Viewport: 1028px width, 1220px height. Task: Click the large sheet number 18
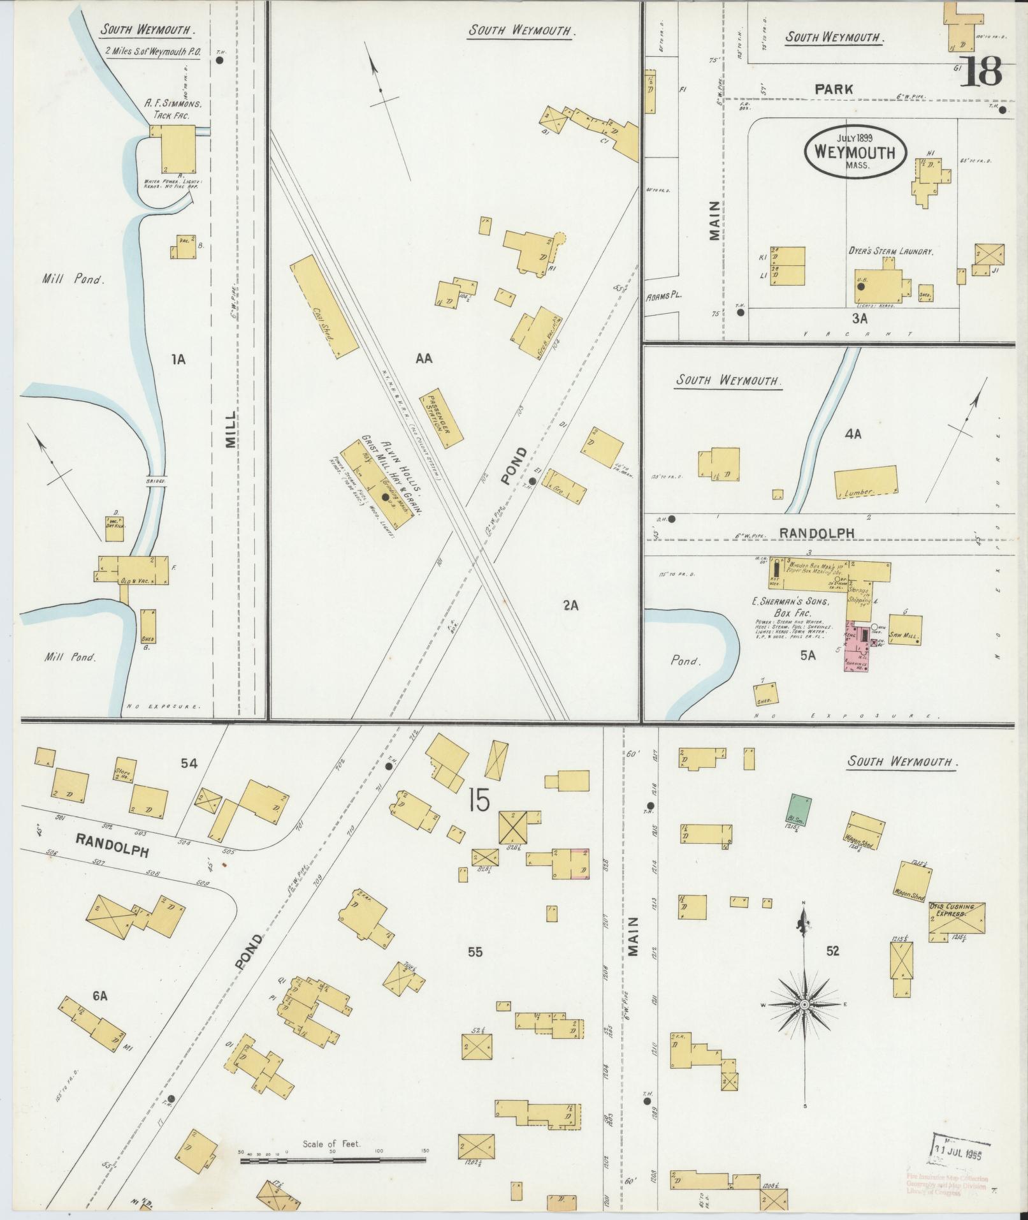coord(980,71)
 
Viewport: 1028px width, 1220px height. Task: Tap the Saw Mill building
coord(904,629)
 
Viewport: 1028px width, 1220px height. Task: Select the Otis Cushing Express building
coord(957,922)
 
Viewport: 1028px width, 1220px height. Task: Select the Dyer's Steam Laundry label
coord(890,251)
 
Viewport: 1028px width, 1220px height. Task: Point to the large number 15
coord(479,800)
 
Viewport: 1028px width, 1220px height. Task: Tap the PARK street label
coord(834,90)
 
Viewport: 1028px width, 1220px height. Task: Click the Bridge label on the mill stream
coord(155,481)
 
